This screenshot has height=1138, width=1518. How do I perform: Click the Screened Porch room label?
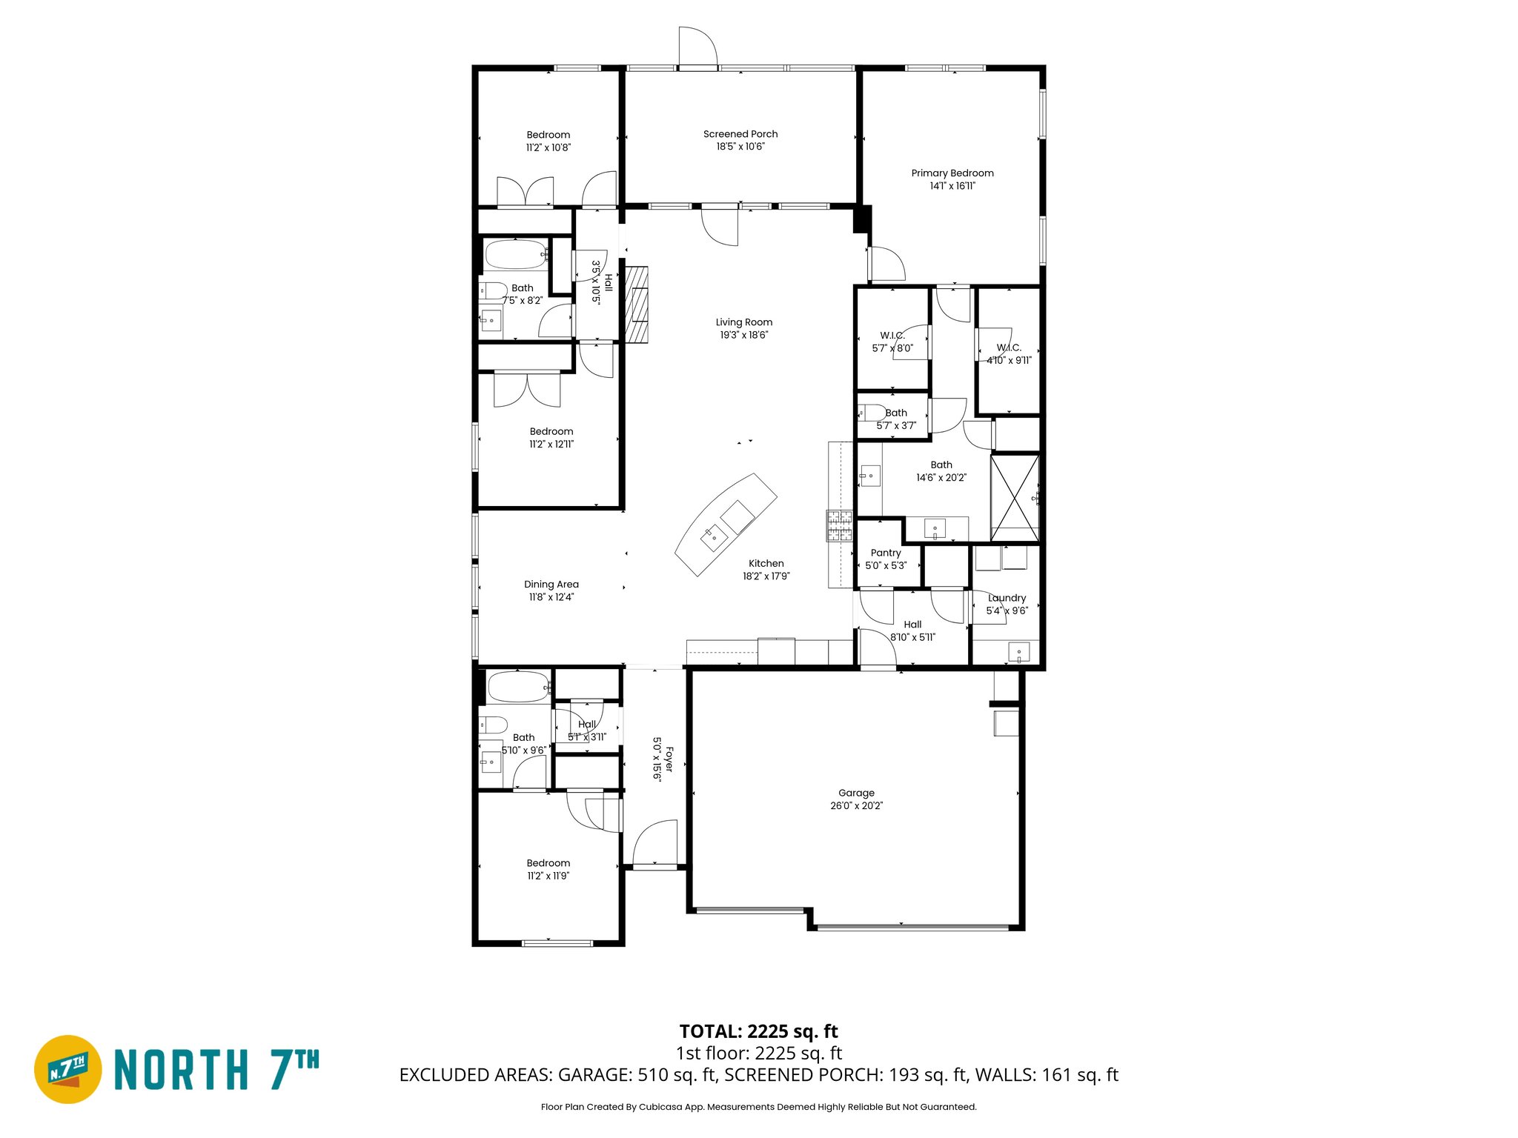coord(740,134)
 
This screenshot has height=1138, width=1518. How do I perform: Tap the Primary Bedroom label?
coord(952,173)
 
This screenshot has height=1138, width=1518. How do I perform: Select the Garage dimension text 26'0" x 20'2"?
coord(856,805)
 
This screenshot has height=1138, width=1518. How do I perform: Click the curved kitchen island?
coord(726,524)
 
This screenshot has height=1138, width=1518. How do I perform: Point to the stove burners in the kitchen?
coord(839,526)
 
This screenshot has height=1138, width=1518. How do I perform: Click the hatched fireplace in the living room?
coord(637,305)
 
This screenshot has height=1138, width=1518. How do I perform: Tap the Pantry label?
coord(885,553)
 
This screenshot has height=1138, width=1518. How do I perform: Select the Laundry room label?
coord(1007,598)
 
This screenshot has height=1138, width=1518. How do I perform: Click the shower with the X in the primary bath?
coord(1015,498)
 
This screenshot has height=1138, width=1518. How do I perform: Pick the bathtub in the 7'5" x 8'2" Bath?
coord(515,255)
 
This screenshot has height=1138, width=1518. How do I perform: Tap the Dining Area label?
coord(551,584)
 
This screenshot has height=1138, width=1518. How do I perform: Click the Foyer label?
coord(669,759)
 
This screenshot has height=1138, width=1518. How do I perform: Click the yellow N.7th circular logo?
coord(68,1068)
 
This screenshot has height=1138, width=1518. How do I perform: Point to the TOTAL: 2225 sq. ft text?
coord(758,1031)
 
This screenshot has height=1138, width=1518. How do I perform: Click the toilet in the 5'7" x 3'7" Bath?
coord(872,413)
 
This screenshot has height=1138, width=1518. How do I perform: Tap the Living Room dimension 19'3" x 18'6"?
coord(743,335)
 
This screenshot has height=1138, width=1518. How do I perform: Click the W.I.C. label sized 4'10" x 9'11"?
coord(1008,347)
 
